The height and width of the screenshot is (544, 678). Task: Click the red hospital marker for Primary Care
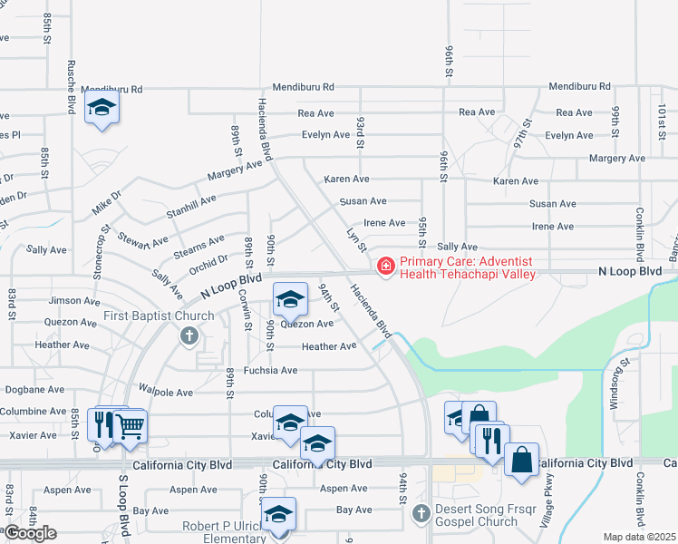coord(386,266)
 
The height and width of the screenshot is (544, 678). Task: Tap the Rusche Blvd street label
coord(70,87)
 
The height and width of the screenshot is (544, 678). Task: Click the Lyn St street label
coord(356,240)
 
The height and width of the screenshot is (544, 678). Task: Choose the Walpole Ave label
coord(167,393)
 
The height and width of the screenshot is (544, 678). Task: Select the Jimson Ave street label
coord(73,300)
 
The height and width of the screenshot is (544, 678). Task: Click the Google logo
coord(31,532)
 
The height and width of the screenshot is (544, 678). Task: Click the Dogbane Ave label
coord(33,389)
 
